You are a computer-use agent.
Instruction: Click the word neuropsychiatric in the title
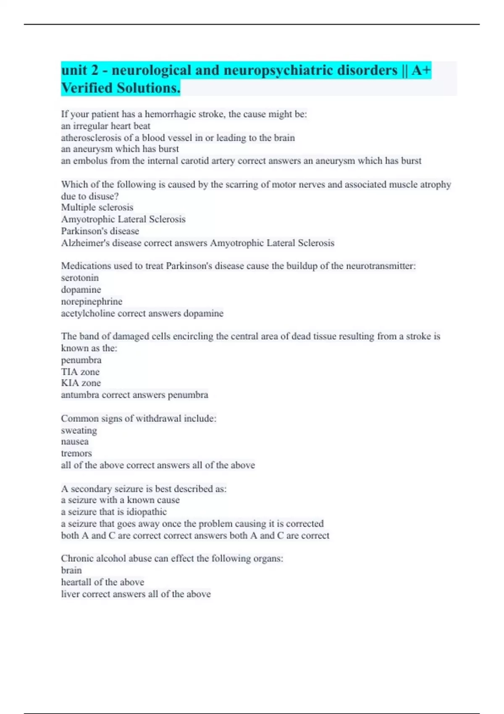pyautogui.click(x=310, y=70)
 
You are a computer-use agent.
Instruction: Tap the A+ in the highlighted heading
pyautogui.click(x=421, y=70)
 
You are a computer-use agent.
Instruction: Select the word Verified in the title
pyautogui.click(x=87, y=88)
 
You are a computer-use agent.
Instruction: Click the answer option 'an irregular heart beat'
pyautogui.click(x=105, y=126)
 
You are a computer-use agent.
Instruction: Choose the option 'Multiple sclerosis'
pyautogui.click(x=97, y=207)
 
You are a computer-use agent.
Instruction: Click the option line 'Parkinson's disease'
pyautogui.click(x=100, y=231)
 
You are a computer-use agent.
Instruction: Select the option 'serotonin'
pyautogui.click(x=80, y=278)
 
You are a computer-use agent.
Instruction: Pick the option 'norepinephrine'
pyautogui.click(x=92, y=302)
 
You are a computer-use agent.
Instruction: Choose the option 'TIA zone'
pyautogui.click(x=80, y=372)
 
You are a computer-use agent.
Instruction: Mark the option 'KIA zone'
pyautogui.click(x=81, y=383)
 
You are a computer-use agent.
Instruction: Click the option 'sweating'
pyautogui.click(x=79, y=430)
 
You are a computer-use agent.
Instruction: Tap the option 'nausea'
pyautogui.click(x=75, y=442)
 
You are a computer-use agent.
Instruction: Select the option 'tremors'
pyautogui.click(x=76, y=454)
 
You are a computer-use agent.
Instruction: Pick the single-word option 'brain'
pyautogui.click(x=71, y=570)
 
